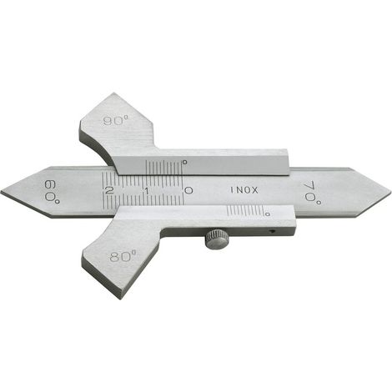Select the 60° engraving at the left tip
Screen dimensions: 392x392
52,193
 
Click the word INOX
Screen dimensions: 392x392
244,190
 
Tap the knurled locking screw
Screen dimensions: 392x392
217,239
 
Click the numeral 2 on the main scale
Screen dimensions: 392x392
109,191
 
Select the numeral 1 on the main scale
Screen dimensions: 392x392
147,191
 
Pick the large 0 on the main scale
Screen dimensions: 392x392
188,191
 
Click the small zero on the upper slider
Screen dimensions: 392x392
184,162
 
